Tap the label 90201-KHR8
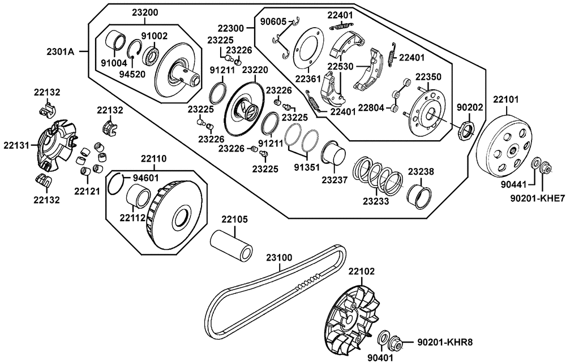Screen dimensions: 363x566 pos(444,342)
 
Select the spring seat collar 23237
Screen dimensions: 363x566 pos(334,152)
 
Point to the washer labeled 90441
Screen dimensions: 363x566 pos(535,164)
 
